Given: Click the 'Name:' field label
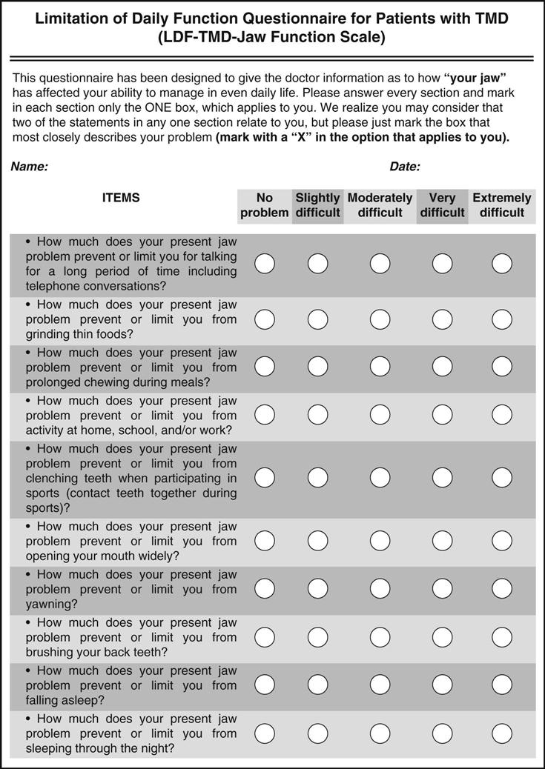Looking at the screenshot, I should [29, 167].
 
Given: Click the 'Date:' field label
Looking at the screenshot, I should [405, 167].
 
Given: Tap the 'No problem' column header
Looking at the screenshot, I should [265, 205].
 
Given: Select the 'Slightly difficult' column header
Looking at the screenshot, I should [317, 205].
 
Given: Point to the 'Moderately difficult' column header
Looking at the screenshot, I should [380, 205].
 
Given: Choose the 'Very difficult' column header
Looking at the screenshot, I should [443, 205].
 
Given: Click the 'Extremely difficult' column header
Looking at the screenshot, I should [502, 205].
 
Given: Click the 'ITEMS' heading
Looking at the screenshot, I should [121, 198].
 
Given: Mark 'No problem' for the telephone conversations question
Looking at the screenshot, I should [265, 263].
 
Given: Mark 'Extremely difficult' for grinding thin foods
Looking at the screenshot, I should [502, 319].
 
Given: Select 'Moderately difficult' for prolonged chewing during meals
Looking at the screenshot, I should [380, 367].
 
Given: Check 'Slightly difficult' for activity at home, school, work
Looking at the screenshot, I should [317, 415].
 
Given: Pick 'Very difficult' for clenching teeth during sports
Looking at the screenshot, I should [443, 478].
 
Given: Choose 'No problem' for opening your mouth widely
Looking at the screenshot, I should [265, 541].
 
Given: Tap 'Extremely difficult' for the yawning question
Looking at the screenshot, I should [502, 588].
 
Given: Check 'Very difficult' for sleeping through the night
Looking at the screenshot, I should [443, 733].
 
